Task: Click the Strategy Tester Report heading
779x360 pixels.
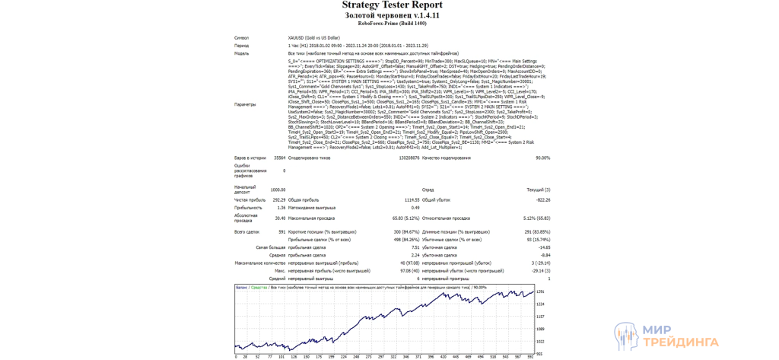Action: tap(392, 5)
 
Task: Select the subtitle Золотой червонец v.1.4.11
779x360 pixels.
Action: tap(392, 15)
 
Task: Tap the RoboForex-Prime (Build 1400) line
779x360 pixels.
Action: tap(392, 24)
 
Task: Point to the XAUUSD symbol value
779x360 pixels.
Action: tap(313, 37)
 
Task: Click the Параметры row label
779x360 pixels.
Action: tap(245, 104)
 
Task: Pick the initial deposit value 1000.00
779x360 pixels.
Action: tap(278, 190)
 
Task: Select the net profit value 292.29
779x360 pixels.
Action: tap(278, 199)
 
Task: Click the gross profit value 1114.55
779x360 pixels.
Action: tap(411, 199)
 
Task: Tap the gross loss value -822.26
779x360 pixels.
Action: tap(542, 199)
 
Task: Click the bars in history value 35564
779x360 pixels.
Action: tap(279, 158)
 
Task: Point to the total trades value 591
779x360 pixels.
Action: tap(281, 231)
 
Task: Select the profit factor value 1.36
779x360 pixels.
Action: tap(281, 207)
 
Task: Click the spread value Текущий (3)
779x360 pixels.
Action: tap(538, 190)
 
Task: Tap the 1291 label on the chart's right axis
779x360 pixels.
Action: tap(540, 292)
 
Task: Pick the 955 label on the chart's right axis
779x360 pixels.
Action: tap(539, 354)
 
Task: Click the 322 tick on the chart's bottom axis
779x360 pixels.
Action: tap(393, 357)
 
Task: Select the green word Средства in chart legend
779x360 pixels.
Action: tap(259, 288)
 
